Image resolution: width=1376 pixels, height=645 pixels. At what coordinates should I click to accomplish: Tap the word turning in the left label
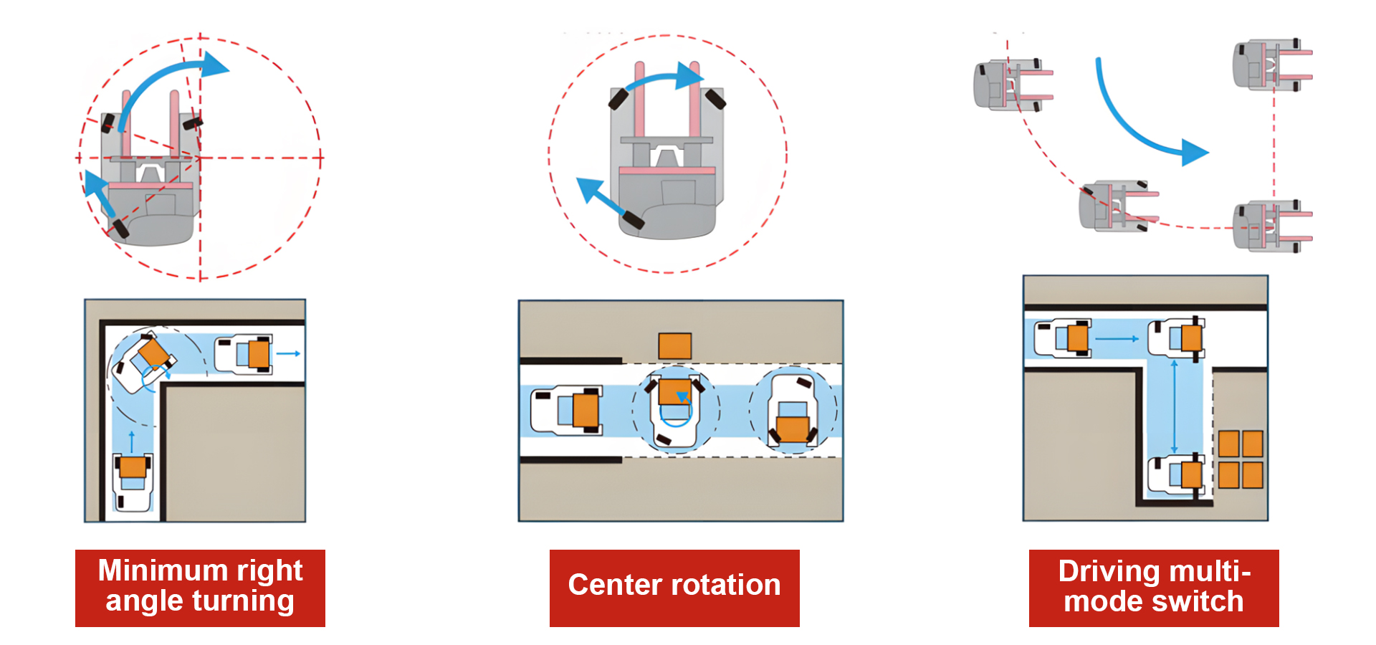coord(243,601)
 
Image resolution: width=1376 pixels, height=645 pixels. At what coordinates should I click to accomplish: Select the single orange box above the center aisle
coord(674,345)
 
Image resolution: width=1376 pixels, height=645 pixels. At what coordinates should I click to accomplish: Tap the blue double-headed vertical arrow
coord(1174,405)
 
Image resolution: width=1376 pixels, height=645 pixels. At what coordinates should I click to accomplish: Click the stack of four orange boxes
coord(1241,459)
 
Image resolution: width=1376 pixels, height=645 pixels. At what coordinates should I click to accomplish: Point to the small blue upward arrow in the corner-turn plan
coord(132,439)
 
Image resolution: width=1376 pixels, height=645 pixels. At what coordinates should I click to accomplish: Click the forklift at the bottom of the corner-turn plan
coord(133,482)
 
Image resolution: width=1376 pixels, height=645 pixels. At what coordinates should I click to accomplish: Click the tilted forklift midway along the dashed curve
coord(1116,206)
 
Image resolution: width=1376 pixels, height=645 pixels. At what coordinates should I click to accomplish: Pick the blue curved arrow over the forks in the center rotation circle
coord(663,79)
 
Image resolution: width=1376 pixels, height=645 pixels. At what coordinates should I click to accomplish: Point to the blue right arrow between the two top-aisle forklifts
coord(1117,338)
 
